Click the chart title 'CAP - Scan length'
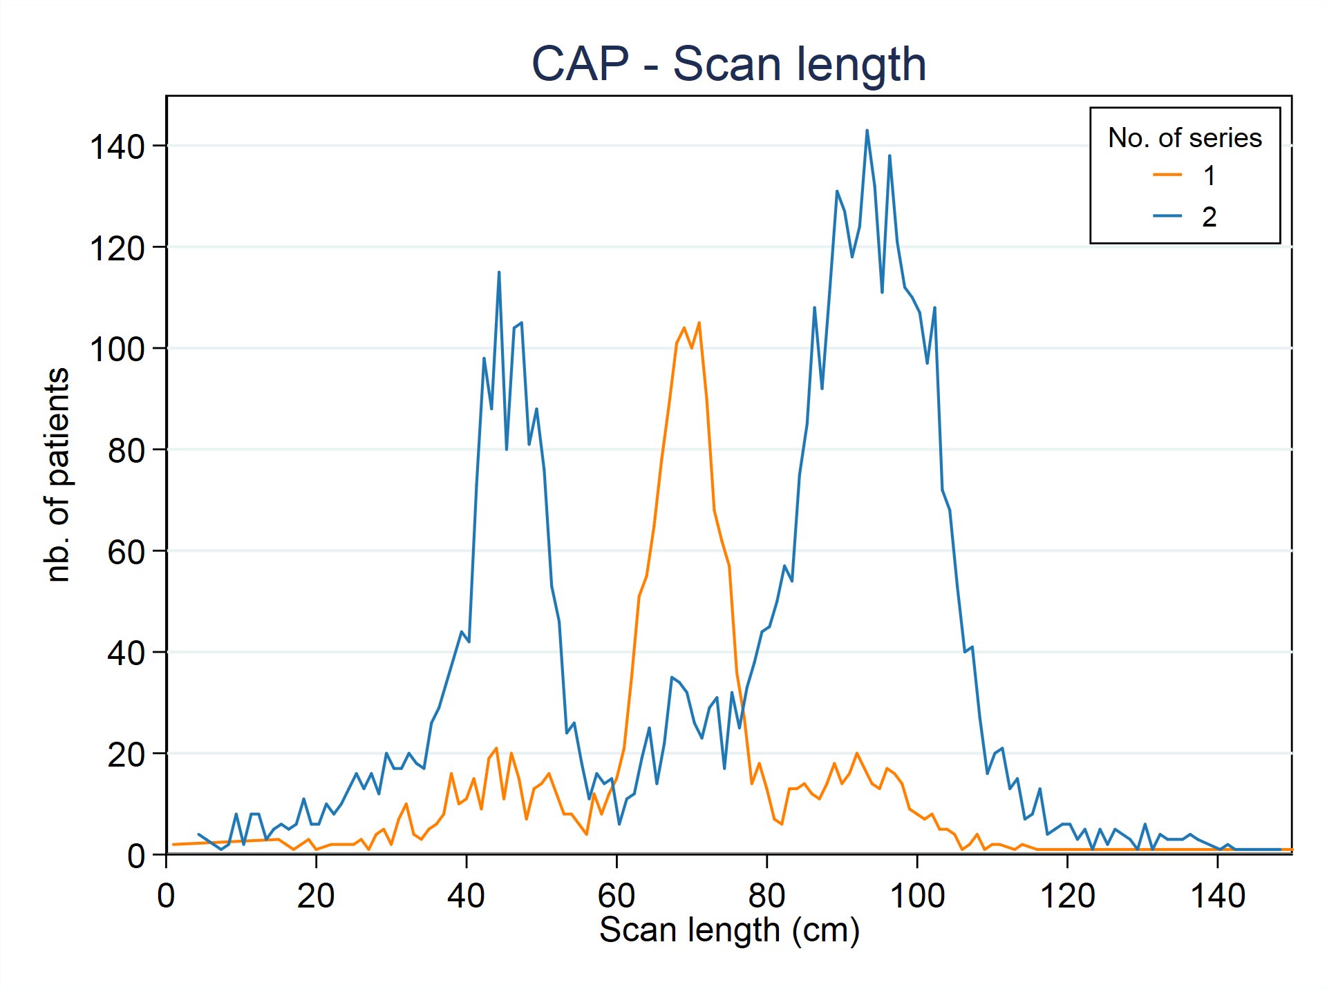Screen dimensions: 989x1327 pyautogui.click(x=728, y=64)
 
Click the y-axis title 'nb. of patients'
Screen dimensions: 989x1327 pyautogui.click(x=57, y=475)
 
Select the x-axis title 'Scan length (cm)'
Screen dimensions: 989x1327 pyautogui.click(x=729, y=930)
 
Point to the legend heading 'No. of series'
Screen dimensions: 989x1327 pyautogui.click(x=1185, y=137)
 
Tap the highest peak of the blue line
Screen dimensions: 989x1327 pyautogui.click(x=867, y=131)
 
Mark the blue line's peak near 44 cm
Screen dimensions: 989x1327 pyautogui.click(x=499, y=272)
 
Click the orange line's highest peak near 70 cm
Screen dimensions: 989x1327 pyautogui.click(x=699, y=323)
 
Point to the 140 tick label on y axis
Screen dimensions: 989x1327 pyautogui.click(x=117, y=147)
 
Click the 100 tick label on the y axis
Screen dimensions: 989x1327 pyautogui.click(x=117, y=349)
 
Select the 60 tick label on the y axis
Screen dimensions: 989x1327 pyautogui.click(x=126, y=552)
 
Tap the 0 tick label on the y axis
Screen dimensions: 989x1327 pyautogui.click(x=136, y=856)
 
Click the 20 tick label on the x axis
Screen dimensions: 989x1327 pyautogui.click(x=316, y=896)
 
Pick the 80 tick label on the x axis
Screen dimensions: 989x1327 pyautogui.click(x=766, y=896)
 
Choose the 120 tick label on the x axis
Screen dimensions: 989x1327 pyautogui.click(x=1067, y=896)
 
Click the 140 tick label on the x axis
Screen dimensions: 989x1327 pyautogui.click(x=1217, y=896)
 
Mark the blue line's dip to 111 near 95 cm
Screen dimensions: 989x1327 pyautogui.click(x=882, y=291)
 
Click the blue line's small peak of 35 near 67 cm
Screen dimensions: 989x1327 pyautogui.click(x=671, y=678)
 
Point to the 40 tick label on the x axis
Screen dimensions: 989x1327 pyautogui.click(x=466, y=896)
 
